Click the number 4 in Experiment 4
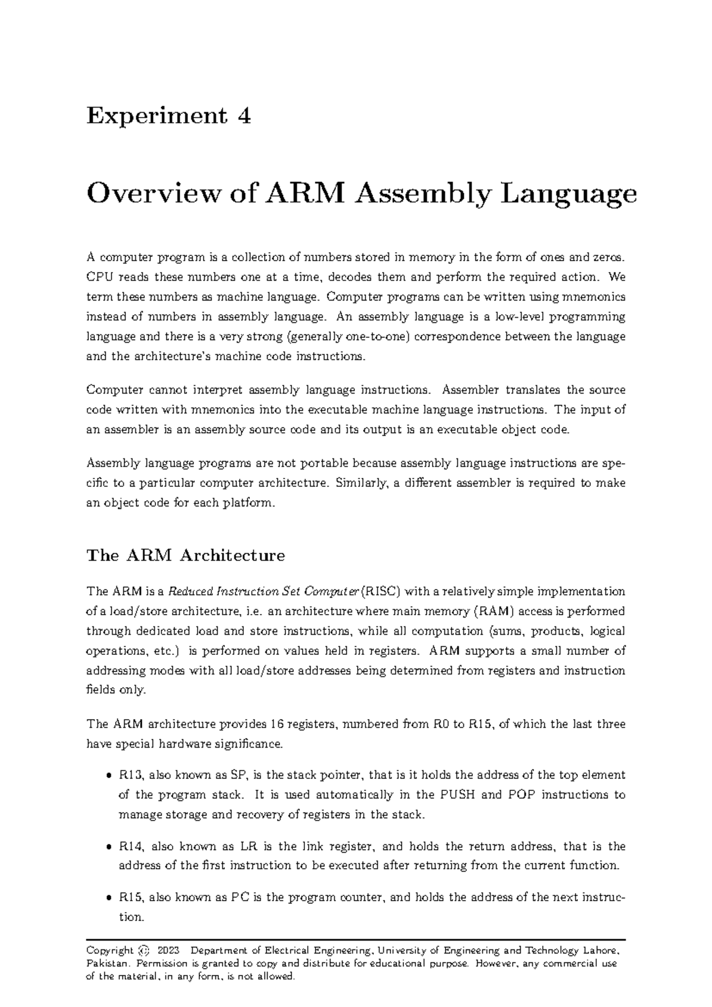click(x=243, y=116)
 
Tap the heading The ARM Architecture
click(x=186, y=556)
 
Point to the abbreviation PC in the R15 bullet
click(x=239, y=897)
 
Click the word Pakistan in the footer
click(x=105, y=963)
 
